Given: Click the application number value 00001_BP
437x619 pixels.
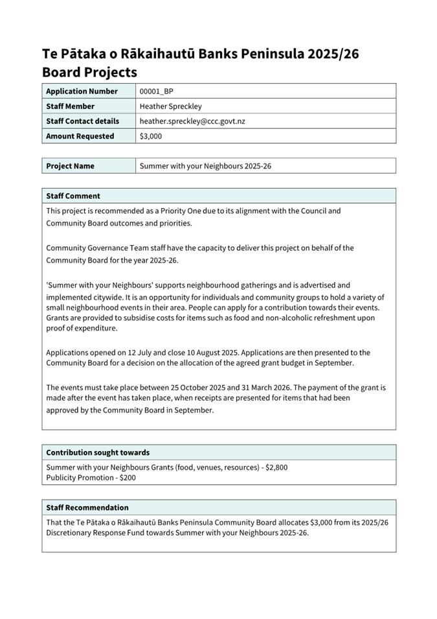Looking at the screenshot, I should click(x=157, y=91).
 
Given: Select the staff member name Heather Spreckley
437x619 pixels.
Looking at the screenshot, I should click(x=171, y=106).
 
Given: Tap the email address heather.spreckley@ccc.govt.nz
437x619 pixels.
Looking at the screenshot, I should click(x=192, y=121).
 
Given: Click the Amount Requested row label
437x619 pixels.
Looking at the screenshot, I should click(x=80, y=136).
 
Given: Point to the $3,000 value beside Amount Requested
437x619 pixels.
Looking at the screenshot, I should click(x=151, y=136).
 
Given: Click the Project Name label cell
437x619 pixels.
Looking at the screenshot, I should click(x=71, y=166).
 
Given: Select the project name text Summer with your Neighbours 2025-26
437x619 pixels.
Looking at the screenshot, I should click(x=205, y=166).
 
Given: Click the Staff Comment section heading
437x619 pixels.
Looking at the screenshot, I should click(x=73, y=196).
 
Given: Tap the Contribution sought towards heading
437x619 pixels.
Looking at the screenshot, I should click(x=98, y=452).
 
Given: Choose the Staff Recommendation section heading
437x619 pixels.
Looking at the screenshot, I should click(x=87, y=508).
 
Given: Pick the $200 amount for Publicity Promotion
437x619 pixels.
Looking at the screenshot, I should click(x=128, y=478).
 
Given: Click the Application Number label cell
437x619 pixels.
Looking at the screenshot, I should click(x=82, y=91).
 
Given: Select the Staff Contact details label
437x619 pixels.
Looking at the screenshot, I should click(x=83, y=121).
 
